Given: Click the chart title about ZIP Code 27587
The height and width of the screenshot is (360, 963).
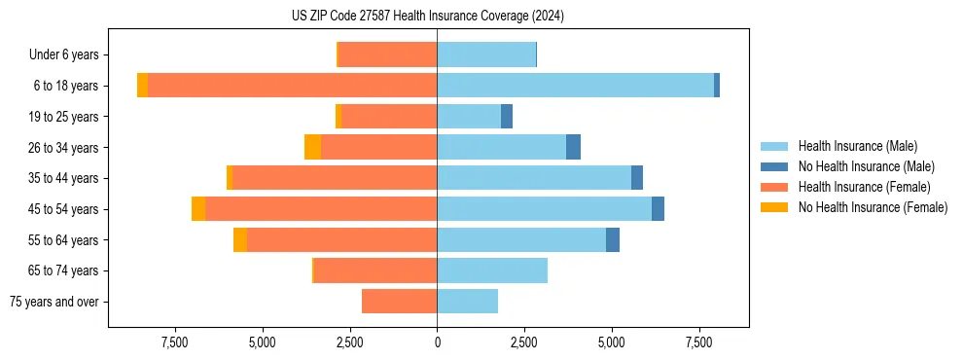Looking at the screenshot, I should click(428, 16).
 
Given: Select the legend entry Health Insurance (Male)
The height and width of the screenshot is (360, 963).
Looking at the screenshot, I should click(857, 146).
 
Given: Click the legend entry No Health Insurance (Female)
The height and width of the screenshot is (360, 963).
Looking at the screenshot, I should click(873, 207).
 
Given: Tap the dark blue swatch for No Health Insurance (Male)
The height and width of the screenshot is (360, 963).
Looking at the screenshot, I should click(775, 166).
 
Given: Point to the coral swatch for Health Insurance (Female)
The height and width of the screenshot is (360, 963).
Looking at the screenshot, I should click(775, 187).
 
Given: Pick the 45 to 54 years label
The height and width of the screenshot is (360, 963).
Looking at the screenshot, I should click(65, 209).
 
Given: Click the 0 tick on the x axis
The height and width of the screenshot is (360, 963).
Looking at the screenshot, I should click(437, 343).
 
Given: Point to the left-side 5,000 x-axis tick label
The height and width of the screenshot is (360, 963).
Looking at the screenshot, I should click(263, 343).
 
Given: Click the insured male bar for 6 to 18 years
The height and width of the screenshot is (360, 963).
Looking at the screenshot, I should click(575, 86).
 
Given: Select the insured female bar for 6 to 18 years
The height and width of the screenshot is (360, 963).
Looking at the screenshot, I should click(292, 86).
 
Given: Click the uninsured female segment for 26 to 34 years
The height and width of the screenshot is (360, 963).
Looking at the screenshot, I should click(312, 147).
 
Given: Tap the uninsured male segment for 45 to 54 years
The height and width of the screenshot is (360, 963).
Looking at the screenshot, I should click(658, 209).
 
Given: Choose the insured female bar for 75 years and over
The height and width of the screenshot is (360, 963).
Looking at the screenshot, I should click(399, 302).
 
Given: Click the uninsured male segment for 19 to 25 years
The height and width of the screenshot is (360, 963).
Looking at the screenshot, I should click(507, 117).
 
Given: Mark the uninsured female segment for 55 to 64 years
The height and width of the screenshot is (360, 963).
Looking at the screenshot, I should click(240, 240).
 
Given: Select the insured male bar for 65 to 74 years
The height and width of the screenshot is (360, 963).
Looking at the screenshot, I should click(492, 270).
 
